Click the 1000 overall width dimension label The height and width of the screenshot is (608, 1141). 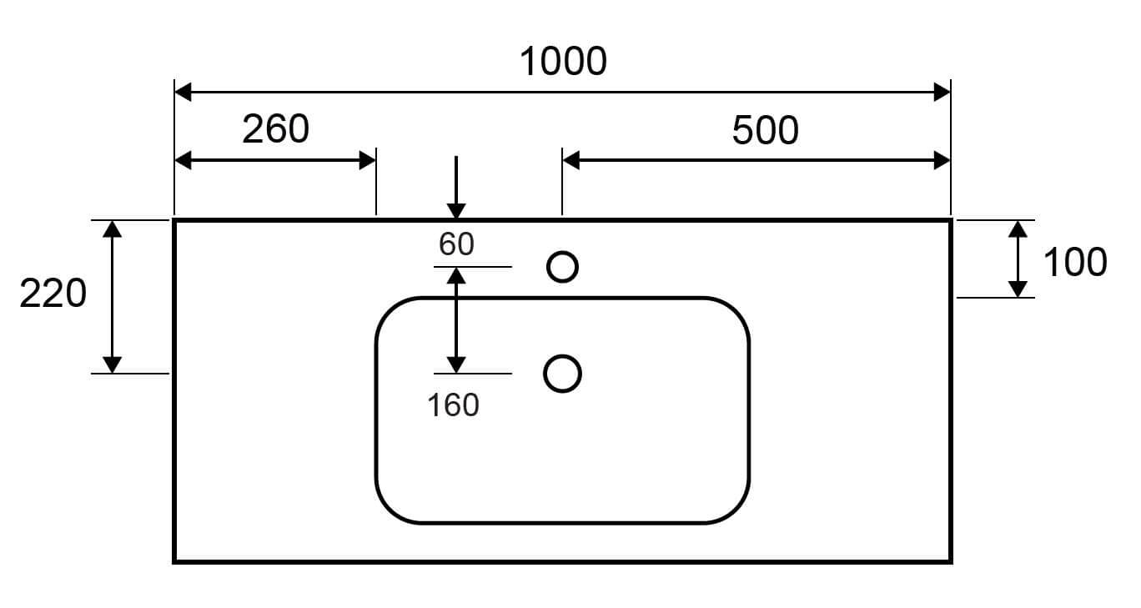point(563,61)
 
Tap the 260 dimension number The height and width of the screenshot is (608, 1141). point(275,128)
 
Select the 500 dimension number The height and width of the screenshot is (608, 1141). point(765,130)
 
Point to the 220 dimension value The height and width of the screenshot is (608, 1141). point(53,294)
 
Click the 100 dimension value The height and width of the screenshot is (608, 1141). point(1074,262)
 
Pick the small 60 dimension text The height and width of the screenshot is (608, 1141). point(456,244)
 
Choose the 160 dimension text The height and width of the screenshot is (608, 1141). point(453,405)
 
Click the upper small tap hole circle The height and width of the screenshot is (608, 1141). point(562,267)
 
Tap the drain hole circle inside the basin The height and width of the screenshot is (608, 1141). point(562,373)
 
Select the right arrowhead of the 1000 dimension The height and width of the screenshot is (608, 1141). point(942,92)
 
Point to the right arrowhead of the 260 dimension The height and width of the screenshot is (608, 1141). point(367,160)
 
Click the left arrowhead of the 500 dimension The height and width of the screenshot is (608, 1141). point(571,160)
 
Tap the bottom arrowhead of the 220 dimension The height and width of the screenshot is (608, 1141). point(113,364)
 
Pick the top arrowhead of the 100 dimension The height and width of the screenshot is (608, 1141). point(1018,229)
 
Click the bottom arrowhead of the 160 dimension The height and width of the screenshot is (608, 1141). point(455,364)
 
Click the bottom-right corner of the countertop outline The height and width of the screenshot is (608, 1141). point(950,560)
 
